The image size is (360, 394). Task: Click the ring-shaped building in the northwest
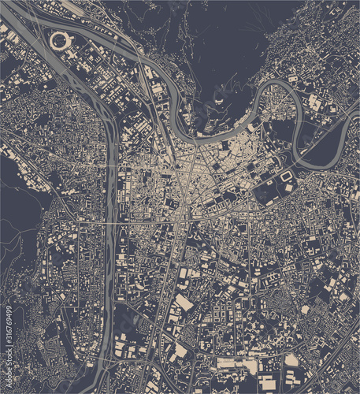[59, 39]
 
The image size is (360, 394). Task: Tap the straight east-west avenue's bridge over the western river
[110, 223]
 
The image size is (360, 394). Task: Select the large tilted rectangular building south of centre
[183, 303]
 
